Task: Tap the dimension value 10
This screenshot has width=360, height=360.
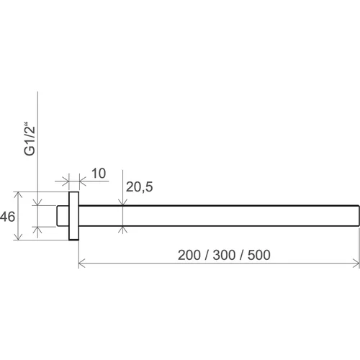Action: point(99,174)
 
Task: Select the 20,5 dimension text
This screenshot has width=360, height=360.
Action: point(139,187)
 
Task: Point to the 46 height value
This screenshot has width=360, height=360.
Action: point(7,217)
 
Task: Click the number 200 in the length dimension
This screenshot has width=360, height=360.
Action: point(189,255)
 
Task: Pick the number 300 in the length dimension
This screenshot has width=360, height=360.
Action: point(224,255)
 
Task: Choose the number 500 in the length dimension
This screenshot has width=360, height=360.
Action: point(259,255)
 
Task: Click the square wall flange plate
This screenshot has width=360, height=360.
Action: point(73,216)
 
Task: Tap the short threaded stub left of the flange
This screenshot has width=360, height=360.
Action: point(63,216)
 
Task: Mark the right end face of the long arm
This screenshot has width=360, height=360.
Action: point(359,216)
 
